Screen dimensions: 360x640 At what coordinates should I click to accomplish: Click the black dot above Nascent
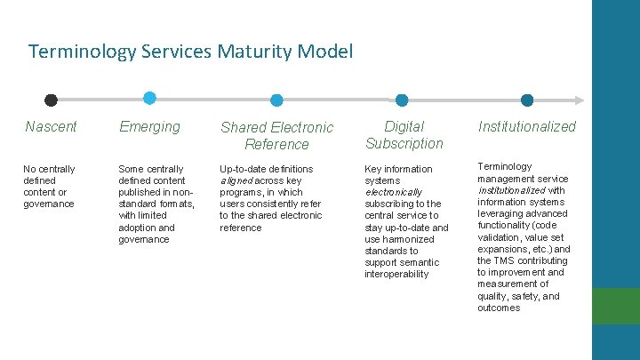[52, 100]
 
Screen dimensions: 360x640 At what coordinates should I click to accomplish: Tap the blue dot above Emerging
[149, 98]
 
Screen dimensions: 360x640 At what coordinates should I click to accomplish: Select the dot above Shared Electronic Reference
[276, 100]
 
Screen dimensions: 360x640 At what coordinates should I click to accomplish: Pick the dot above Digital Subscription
[402, 100]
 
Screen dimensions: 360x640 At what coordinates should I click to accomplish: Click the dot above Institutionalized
[527, 100]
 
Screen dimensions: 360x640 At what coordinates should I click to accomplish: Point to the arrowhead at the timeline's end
[580, 100]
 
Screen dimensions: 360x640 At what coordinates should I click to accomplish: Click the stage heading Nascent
[51, 127]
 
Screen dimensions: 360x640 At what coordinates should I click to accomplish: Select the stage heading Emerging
[149, 127]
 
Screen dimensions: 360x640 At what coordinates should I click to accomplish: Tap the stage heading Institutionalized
[526, 127]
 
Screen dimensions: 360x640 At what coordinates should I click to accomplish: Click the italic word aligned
[236, 180]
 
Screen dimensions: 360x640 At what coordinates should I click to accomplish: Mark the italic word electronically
[393, 192]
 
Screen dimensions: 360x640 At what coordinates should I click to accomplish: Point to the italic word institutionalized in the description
[512, 190]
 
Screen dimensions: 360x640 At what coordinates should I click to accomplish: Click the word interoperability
[396, 274]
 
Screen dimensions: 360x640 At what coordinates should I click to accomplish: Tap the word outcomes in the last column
[499, 308]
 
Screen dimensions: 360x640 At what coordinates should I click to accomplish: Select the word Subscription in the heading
[404, 144]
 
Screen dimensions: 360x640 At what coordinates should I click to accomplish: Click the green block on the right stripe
[616, 306]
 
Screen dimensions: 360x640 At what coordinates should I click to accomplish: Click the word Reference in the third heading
[276, 144]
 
